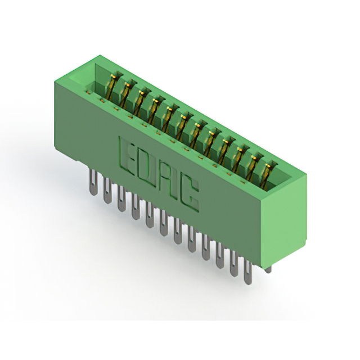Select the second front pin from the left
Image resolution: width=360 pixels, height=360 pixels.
point(107,191)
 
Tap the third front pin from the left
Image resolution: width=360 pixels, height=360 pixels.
point(121,199)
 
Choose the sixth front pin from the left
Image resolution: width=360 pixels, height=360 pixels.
point(164,223)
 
